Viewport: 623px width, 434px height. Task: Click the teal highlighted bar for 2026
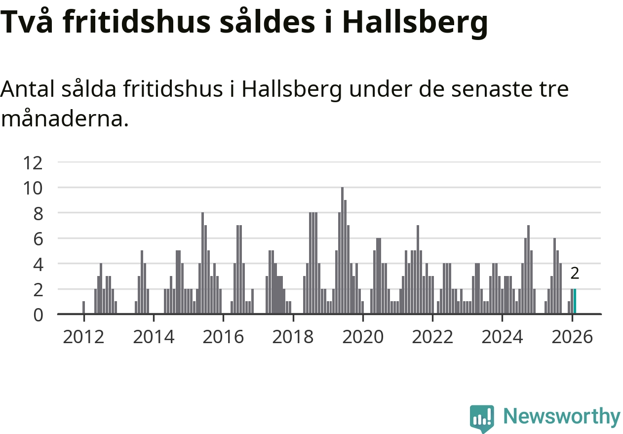coord(575,301)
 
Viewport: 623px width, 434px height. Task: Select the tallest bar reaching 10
coord(342,250)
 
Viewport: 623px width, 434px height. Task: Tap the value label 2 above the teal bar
coord(574,273)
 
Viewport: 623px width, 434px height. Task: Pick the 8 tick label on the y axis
coord(38,213)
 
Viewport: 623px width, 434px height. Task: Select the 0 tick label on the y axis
coord(38,315)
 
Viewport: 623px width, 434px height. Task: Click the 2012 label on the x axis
coord(84,337)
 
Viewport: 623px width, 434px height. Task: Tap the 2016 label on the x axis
coord(223,337)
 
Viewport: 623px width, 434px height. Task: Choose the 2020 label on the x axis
coord(362,337)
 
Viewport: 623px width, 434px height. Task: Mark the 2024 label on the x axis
coord(502,337)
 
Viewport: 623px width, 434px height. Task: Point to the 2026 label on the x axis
coord(571,337)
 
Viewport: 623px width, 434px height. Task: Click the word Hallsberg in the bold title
coord(414,23)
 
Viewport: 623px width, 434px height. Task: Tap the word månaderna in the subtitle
coord(65,119)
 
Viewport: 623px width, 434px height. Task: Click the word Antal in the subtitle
coord(28,90)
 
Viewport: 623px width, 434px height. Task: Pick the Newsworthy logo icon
coord(481,418)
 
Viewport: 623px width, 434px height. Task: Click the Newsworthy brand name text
coord(561,417)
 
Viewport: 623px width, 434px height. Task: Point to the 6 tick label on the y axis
coord(38,238)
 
